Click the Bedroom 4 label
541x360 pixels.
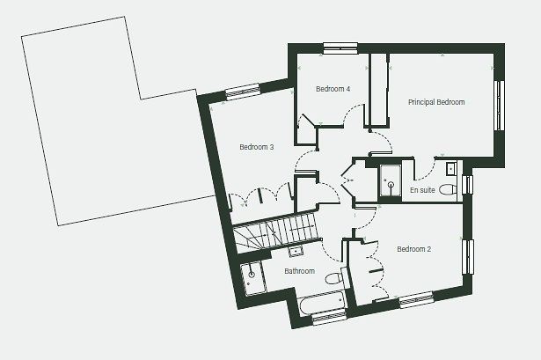(333, 89)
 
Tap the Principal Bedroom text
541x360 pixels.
(436, 102)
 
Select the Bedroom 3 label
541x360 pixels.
(256, 147)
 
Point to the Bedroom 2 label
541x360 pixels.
(413, 249)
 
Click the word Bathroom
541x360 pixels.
(299, 271)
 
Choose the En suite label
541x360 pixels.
(422, 190)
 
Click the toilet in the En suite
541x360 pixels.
(449, 189)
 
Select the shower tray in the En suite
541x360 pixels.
(391, 180)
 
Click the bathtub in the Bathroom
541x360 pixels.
(322, 304)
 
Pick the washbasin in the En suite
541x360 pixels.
(451, 169)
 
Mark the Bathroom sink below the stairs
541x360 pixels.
(296, 251)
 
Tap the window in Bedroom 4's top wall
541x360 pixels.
(340, 48)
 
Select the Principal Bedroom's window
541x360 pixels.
(500, 106)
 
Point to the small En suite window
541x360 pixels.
(467, 185)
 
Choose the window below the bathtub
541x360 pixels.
(329, 317)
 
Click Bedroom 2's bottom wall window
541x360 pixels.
(416, 299)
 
